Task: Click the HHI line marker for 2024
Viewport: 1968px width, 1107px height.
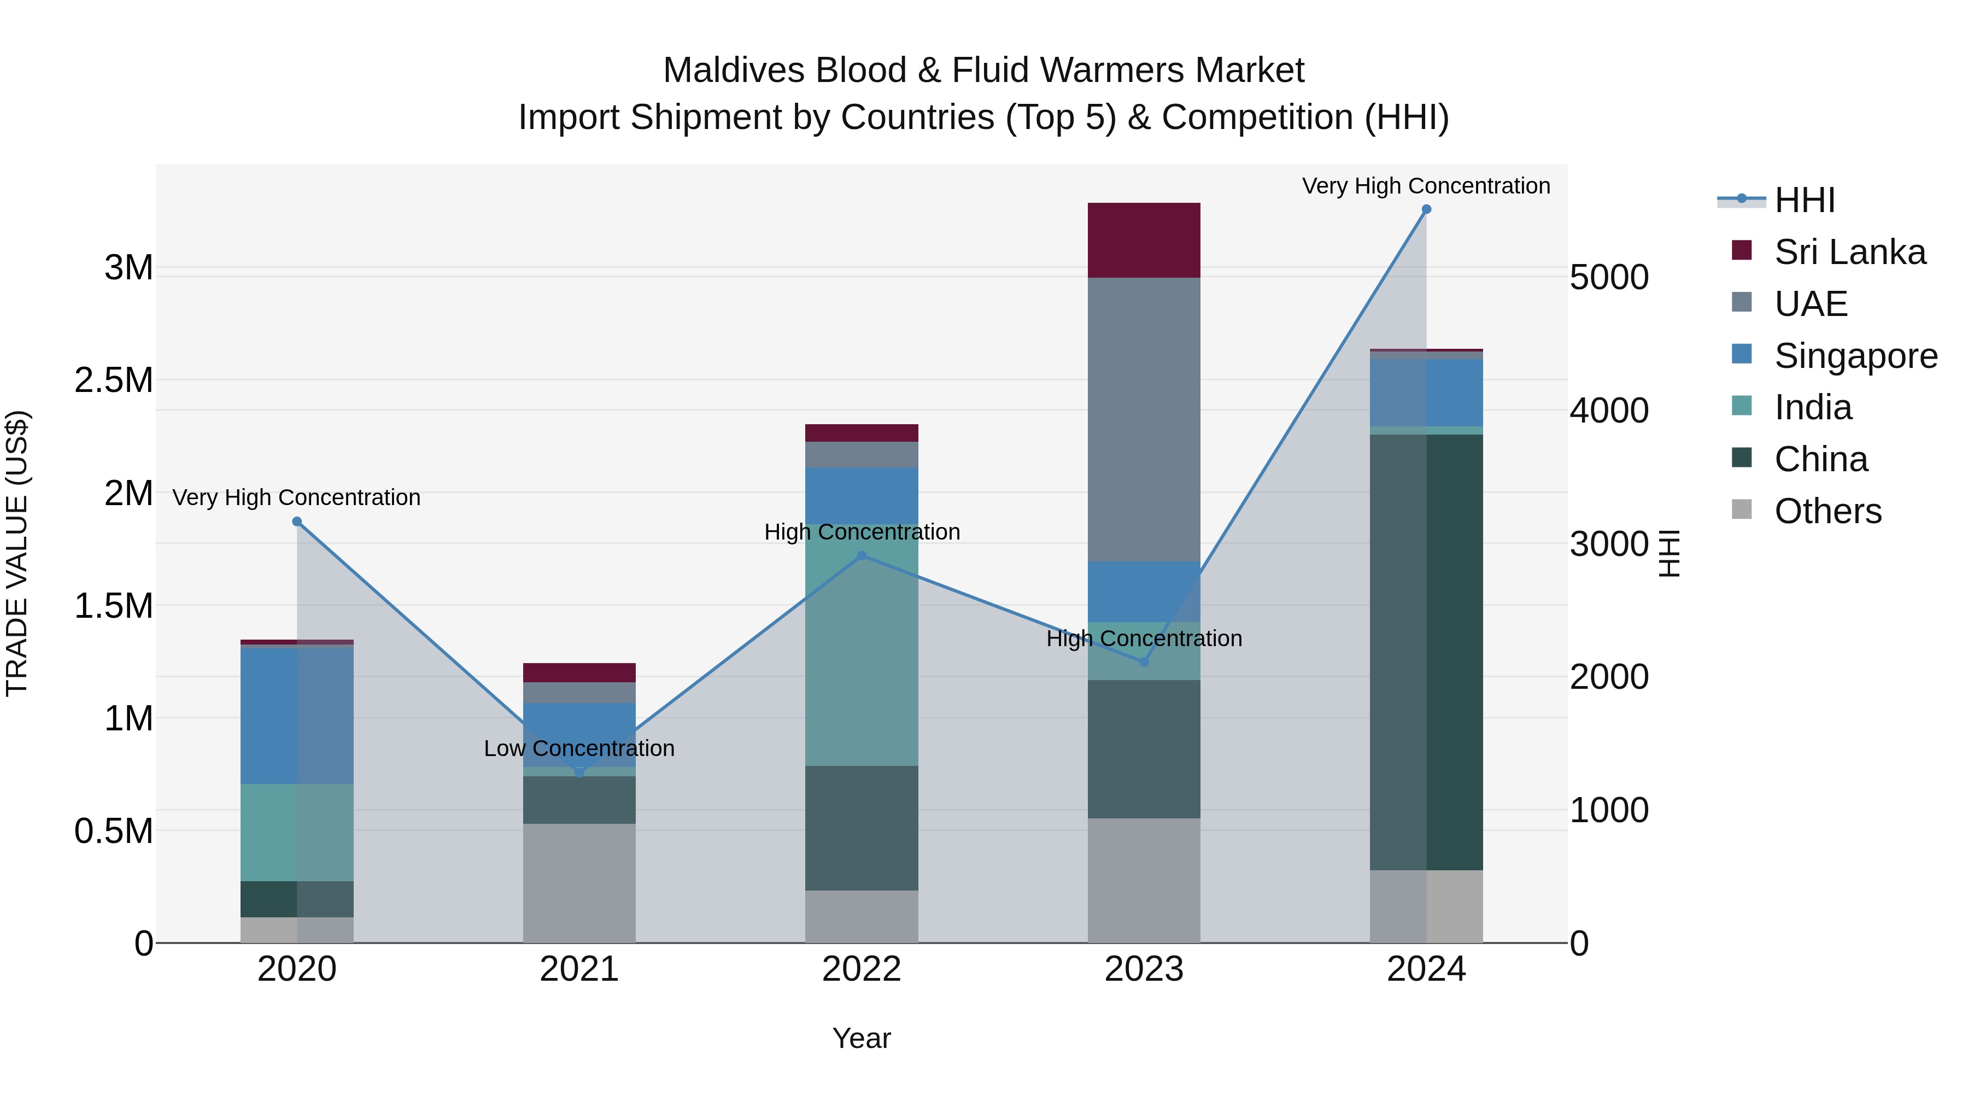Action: (1426, 209)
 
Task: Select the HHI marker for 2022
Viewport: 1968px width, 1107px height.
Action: (862, 555)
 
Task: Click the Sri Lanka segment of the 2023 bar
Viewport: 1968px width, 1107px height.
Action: (1144, 240)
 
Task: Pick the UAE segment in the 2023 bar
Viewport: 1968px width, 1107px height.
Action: (1144, 419)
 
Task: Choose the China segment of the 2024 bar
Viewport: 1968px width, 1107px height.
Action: (1426, 652)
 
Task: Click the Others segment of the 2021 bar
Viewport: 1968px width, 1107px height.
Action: (579, 882)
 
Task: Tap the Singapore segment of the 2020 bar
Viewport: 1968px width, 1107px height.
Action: (297, 715)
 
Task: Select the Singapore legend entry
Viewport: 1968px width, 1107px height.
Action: (1855, 356)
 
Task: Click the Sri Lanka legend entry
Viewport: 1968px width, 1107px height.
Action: (1849, 252)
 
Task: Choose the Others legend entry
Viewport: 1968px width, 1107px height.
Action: (1828, 511)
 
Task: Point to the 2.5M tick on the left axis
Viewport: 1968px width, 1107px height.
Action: (114, 380)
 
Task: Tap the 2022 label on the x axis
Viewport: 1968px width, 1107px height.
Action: (862, 969)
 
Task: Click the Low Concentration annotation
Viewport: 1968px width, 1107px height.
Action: (579, 748)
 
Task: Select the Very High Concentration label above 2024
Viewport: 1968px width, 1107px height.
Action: (1426, 186)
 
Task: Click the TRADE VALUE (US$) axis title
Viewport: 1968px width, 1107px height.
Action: (17, 553)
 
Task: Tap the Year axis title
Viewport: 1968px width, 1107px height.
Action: (862, 1038)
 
